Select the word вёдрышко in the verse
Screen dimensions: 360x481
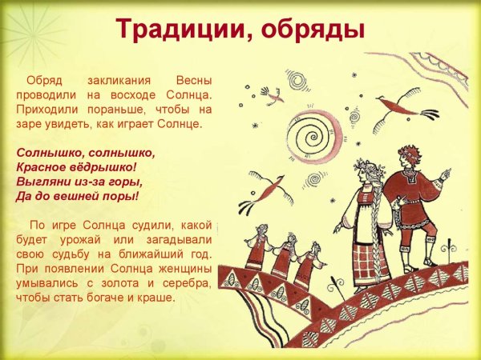coord(103,166)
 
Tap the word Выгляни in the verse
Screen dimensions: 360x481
coord(42,181)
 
